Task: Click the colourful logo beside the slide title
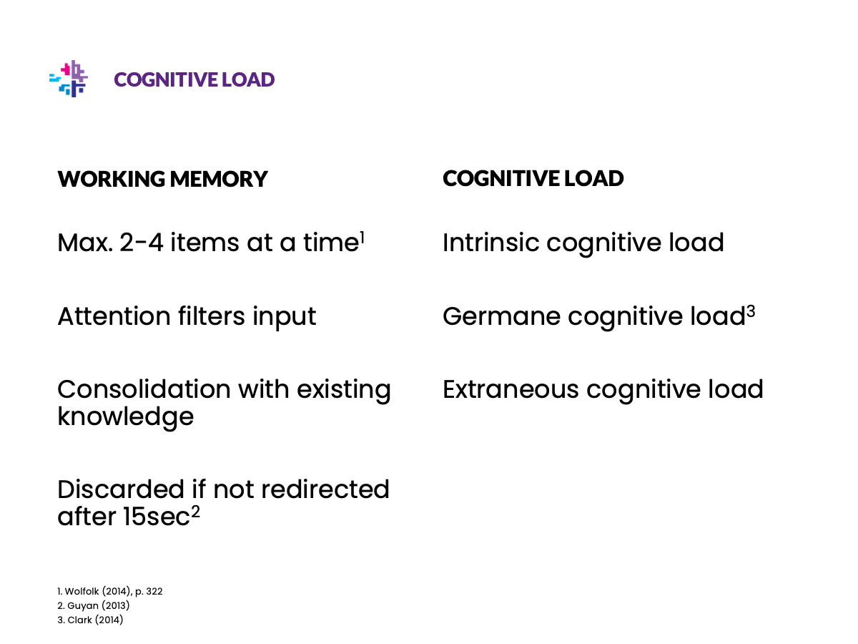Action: click(69, 79)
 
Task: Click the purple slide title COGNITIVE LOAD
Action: click(194, 79)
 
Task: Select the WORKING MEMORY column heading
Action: click(162, 179)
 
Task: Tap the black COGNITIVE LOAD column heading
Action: click(533, 178)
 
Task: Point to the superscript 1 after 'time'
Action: click(362, 238)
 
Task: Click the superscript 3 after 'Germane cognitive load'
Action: click(751, 312)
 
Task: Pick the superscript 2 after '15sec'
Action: click(195, 512)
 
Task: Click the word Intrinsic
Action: click(491, 243)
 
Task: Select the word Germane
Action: click(501, 316)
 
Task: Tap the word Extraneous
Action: click(511, 389)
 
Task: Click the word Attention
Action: click(114, 316)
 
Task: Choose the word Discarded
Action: click(121, 489)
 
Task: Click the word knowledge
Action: click(125, 418)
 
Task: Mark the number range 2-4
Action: click(141, 243)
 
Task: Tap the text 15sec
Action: click(157, 517)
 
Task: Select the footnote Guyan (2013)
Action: click(98, 605)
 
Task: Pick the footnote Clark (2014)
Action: click(95, 620)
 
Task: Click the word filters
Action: click(212, 316)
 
